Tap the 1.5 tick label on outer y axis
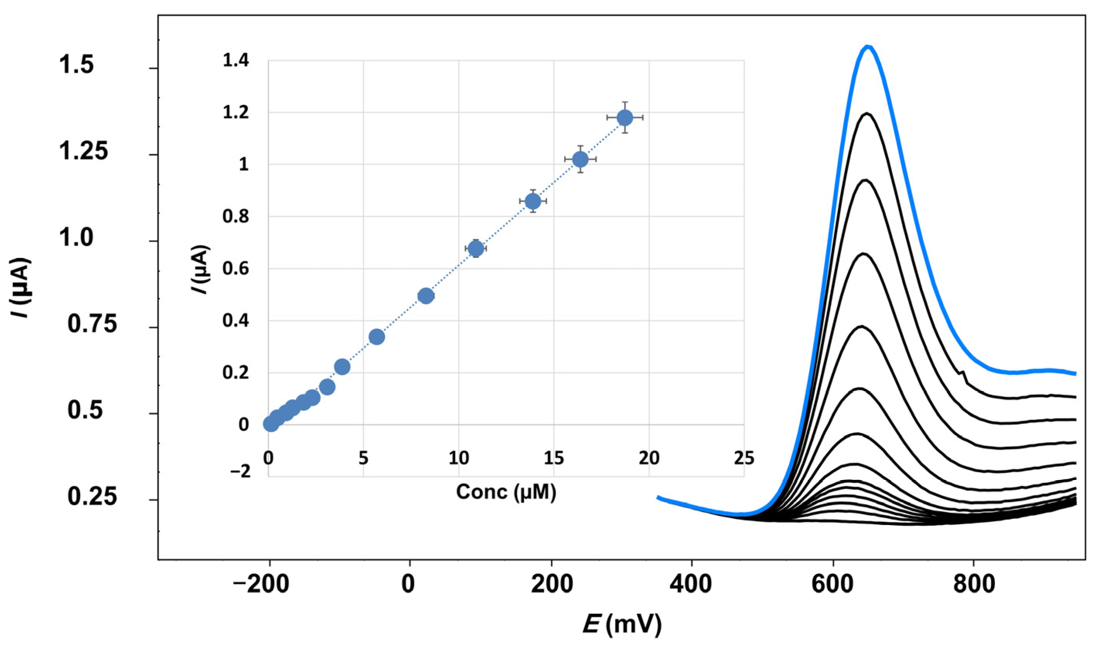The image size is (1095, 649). [x=77, y=66]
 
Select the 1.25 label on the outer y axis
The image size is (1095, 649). [x=83, y=152]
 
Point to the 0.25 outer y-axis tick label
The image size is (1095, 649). [x=92, y=497]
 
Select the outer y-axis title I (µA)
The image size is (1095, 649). [x=20, y=288]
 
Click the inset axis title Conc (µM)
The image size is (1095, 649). [x=506, y=492]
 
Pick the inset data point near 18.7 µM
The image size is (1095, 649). [x=625, y=117]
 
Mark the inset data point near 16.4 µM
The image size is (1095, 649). [x=580, y=159]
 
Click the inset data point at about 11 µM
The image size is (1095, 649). [x=476, y=248]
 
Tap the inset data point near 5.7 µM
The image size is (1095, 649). [x=377, y=337]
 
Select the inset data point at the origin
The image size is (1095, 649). [x=271, y=424]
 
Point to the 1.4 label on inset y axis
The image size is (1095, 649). [x=236, y=61]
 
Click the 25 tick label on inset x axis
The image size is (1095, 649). [x=744, y=458]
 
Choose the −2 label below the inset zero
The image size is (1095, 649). [x=240, y=471]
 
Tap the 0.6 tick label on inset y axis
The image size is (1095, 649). [x=236, y=268]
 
